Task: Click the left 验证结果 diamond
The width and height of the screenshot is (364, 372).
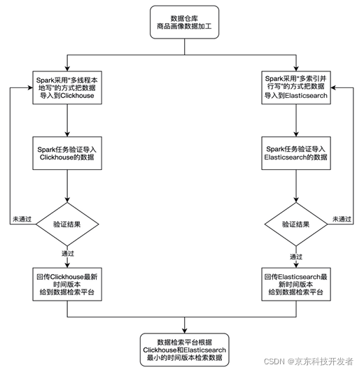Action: point(66,224)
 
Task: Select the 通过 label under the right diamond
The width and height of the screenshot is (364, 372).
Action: point(296,256)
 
